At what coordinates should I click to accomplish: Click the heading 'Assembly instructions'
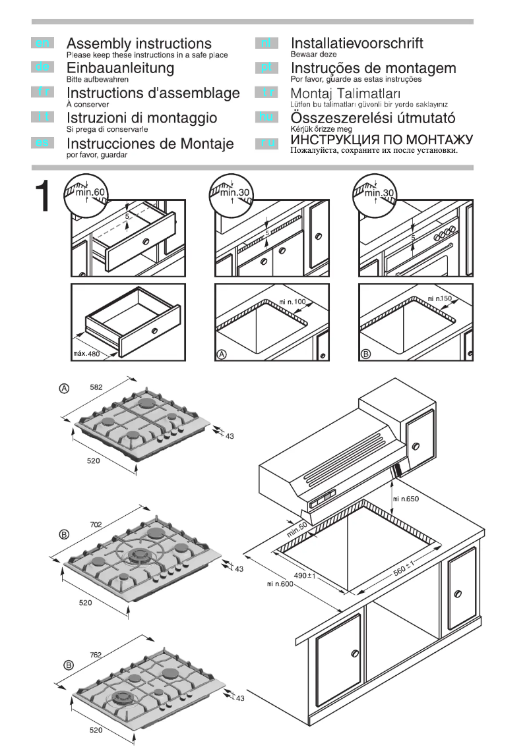coord(139,44)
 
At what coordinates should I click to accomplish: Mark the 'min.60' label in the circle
coord(88,192)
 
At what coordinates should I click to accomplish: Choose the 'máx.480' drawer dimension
coord(85,354)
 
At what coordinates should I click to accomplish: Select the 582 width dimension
coord(96,388)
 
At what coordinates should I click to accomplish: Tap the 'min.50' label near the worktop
coord(298,528)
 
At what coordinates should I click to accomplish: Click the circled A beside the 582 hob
coord(65,389)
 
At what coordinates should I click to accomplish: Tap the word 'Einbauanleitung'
coord(121,68)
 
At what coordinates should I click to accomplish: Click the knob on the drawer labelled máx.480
coord(154,329)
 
